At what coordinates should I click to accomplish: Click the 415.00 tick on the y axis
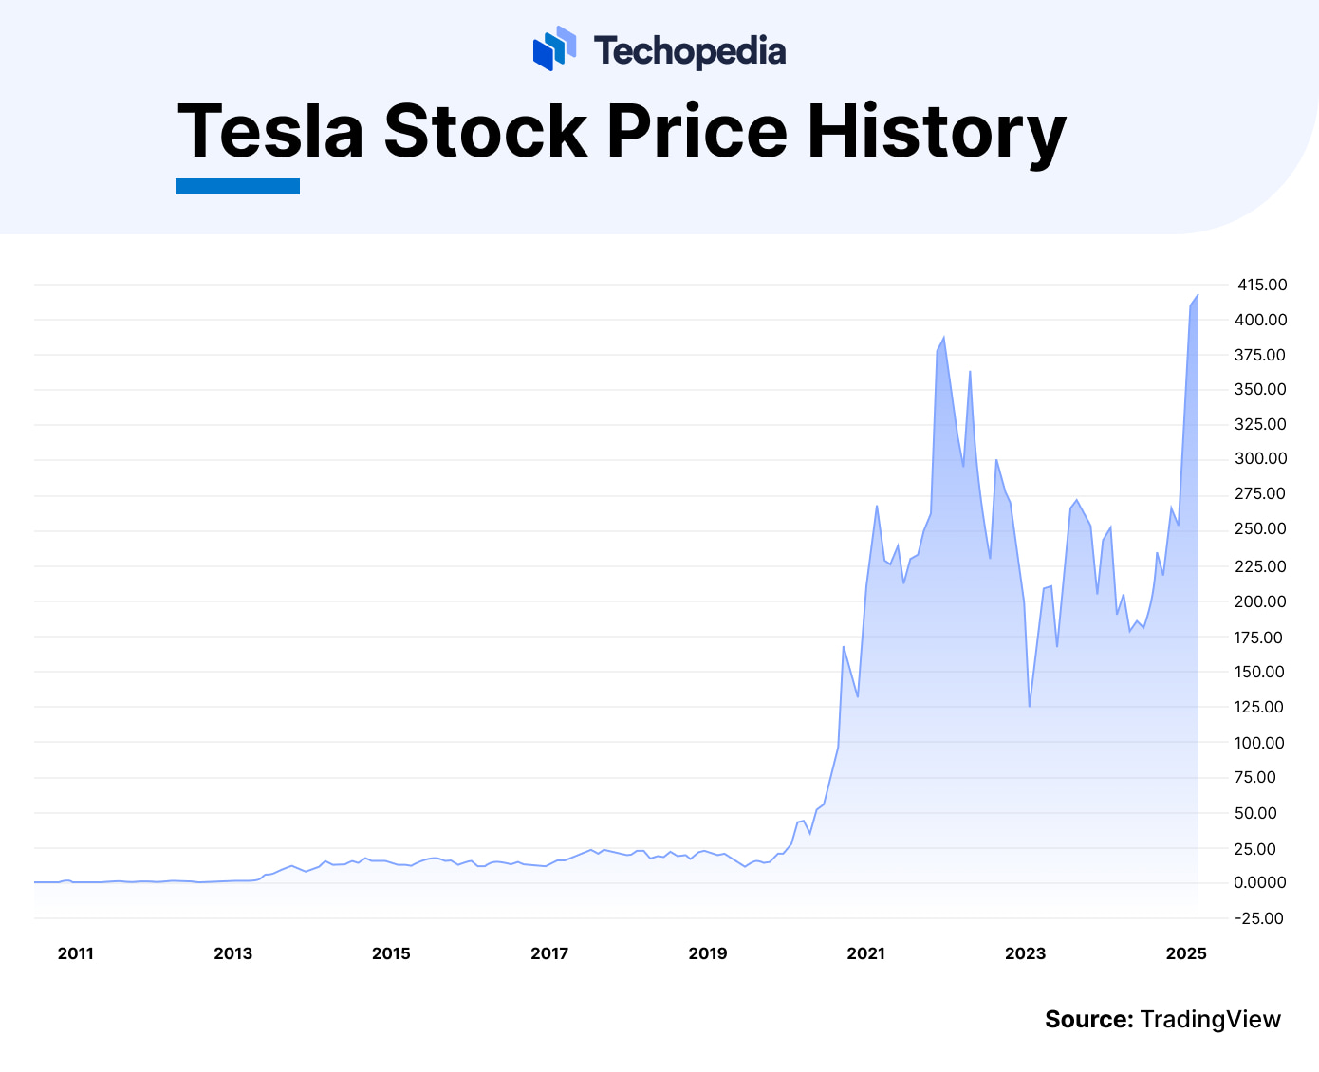(1262, 285)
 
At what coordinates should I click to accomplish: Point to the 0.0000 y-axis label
(1260, 882)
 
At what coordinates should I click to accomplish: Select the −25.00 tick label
(1257, 918)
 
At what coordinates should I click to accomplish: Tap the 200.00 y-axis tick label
(1260, 601)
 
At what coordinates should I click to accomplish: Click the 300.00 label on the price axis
(1260, 459)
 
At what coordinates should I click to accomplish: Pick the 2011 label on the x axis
(76, 953)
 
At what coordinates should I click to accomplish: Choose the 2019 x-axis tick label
(708, 953)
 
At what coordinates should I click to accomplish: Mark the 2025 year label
(1186, 953)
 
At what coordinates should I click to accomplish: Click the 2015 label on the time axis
(391, 953)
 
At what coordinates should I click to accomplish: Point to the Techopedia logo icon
(554, 48)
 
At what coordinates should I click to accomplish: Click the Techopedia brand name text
(690, 50)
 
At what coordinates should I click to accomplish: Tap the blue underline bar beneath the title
(237, 186)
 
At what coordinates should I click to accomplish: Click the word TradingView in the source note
(1211, 1020)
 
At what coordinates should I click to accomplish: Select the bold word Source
(1088, 1020)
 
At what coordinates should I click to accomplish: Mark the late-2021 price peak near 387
(943, 337)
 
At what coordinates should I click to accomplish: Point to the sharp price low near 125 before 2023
(1029, 706)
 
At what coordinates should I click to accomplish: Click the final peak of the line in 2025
(1198, 294)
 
